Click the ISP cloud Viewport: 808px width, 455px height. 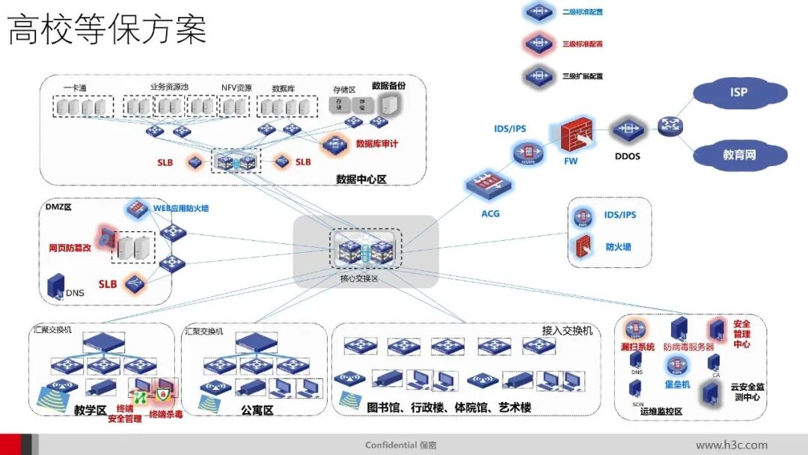[738, 93]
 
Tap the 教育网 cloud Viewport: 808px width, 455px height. [738, 156]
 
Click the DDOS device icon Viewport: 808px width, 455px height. [626, 130]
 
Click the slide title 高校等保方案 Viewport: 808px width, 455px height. [107, 31]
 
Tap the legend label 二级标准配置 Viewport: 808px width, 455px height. [583, 12]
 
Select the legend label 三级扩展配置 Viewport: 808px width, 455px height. [583, 76]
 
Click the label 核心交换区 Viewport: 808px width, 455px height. [360, 278]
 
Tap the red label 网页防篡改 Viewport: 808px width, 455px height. [70, 247]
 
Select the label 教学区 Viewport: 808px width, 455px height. [90, 410]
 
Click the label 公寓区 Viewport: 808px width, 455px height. [257, 410]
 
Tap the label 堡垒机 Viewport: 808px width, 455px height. [678, 384]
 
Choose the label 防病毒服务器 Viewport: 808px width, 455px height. [688, 347]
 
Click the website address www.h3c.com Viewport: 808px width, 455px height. [731, 445]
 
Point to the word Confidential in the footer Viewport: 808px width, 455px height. [391, 445]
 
